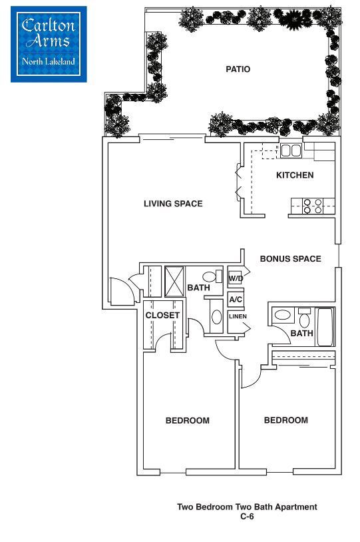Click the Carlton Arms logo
coord(48,43)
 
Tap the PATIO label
coord(238,69)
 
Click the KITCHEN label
coord(295,176)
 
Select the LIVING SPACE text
coord(173,204)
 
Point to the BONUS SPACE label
coord(290,259)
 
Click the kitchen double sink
coord(291,150)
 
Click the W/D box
coord(236,278)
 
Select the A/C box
coord(236,300)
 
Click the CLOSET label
coord(162,315)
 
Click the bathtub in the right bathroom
coord(325,327)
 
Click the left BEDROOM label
coord(187,421)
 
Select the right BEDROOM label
coord(285,420)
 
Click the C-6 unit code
coord(247,516)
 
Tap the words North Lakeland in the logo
coord(49,62)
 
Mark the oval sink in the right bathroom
coord(283,315)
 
